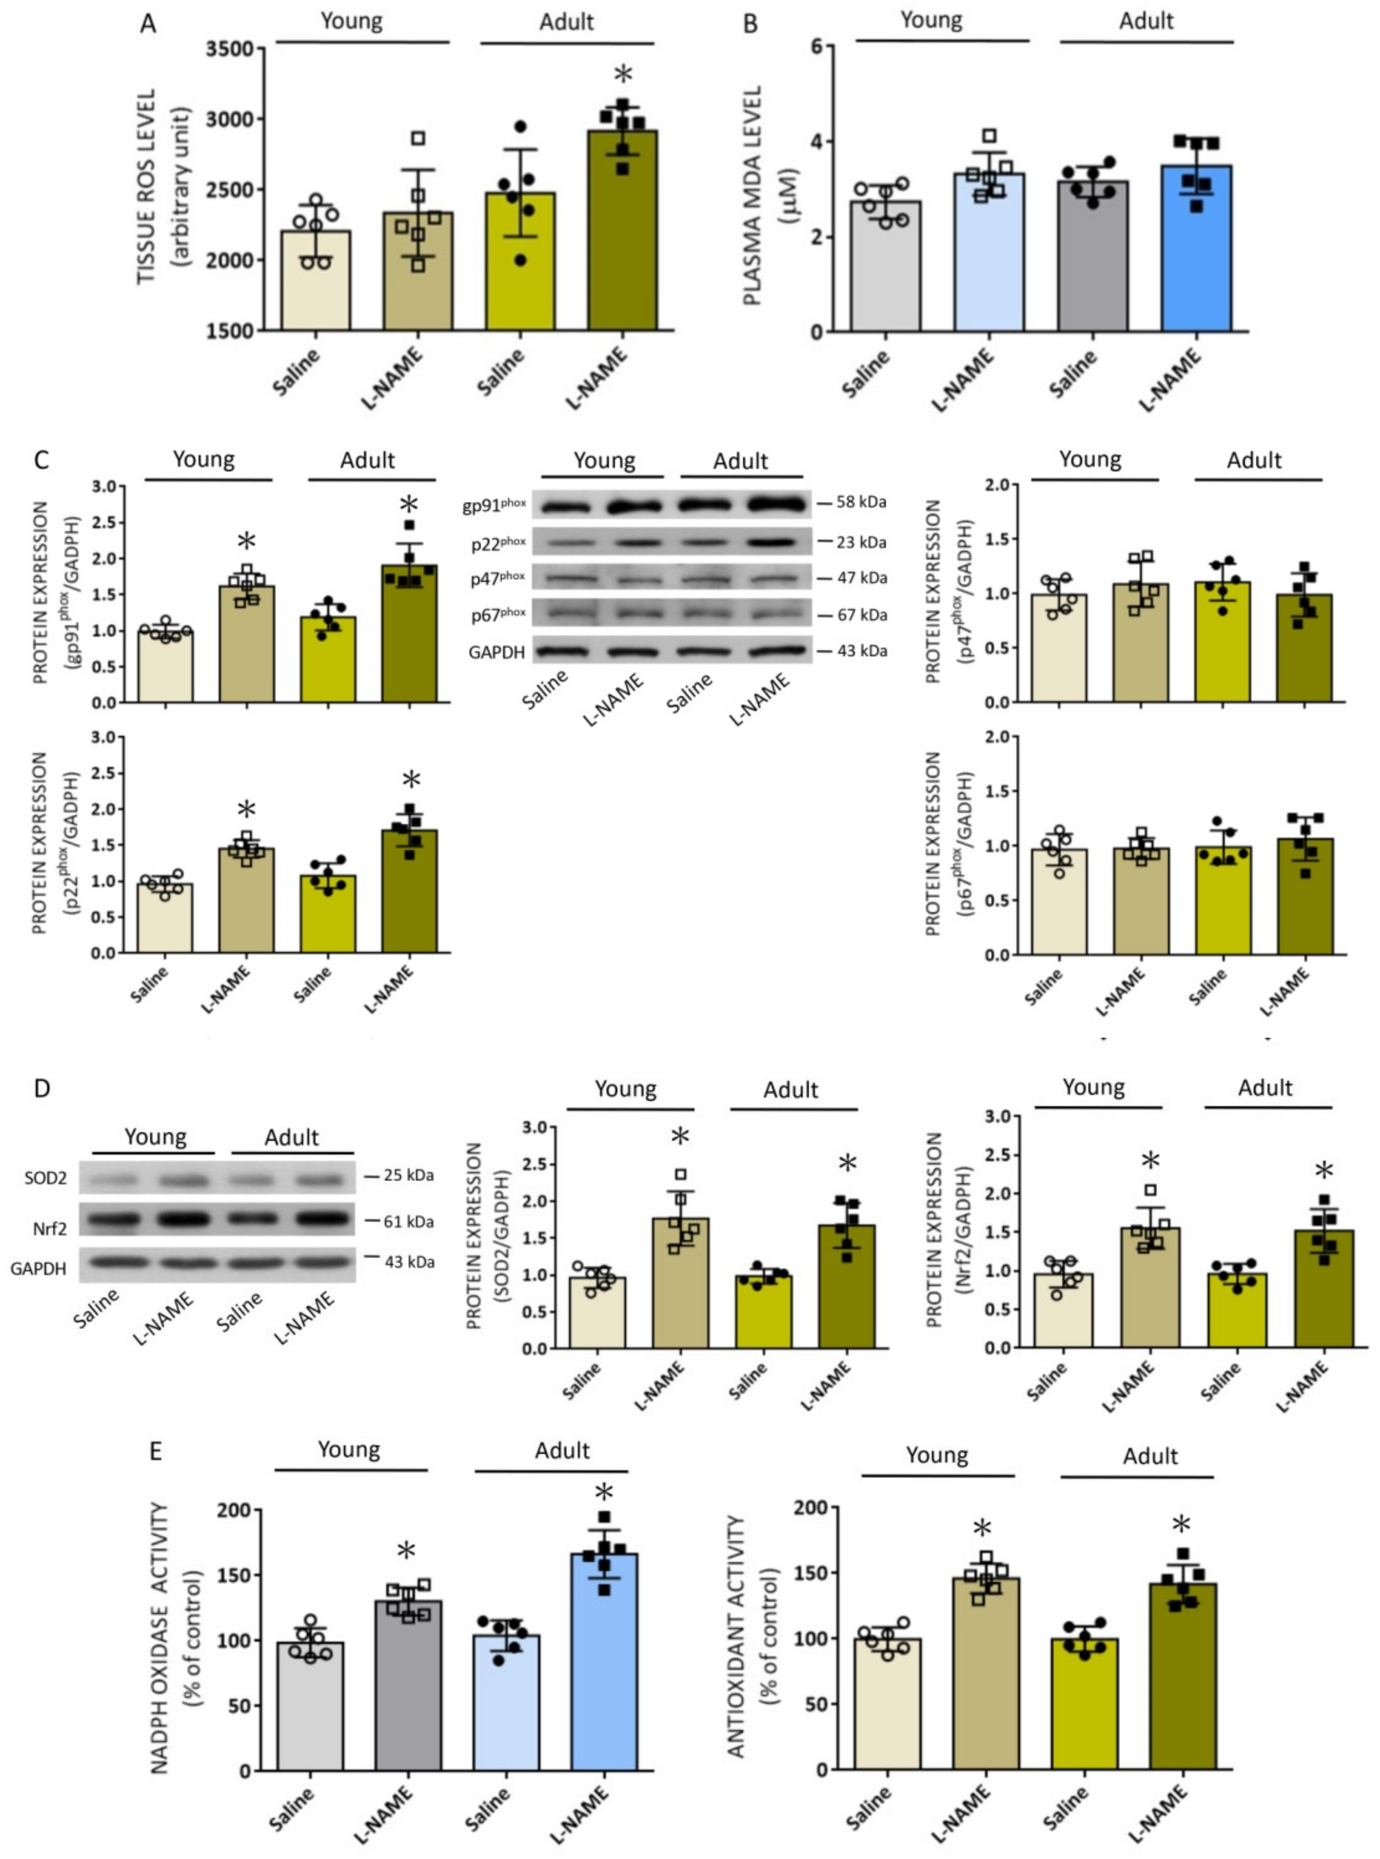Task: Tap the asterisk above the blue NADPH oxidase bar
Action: tap(604, 1494)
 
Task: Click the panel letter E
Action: tap(155, 1451)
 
